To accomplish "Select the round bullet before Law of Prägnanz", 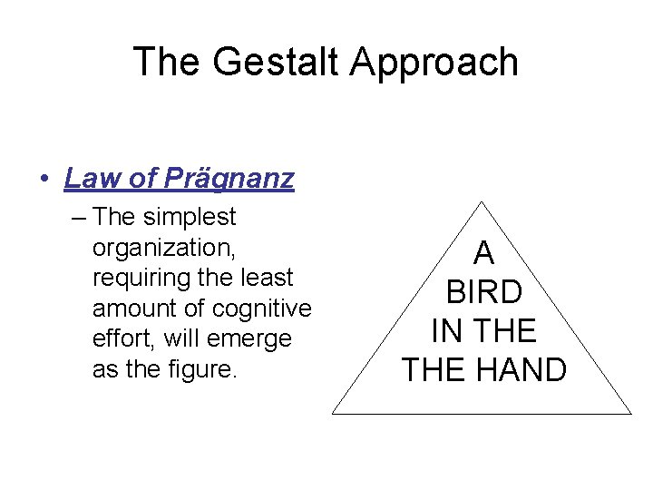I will pos(44,179).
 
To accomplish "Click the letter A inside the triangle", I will pos(485,252).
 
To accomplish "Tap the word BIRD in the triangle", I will pos(485,291).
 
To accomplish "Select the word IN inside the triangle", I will pos(445,329).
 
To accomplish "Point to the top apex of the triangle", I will pos(483,201).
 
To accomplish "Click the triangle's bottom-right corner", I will pos(630,414).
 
